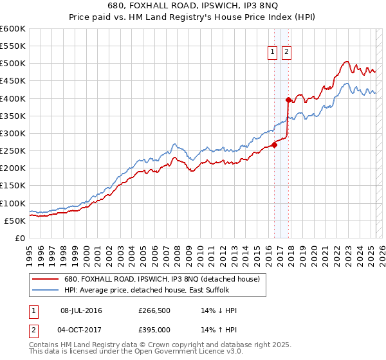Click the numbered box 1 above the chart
pyautogui.click(x=273, y=53)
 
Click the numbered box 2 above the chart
pyautogui.click(x=286, y=53)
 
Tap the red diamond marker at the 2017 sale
pyautogui.click(x=288, y=100)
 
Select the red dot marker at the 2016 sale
pyautogui.click(x=274, y=145)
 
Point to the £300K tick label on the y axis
pyautogui.click(x=13, y=134)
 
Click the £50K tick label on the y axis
pyautogui.click(x=15, y=221)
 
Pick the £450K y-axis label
pyautogui.click(x=13, y=81)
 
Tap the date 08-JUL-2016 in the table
pyautogui.click(x=81, y=310)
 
